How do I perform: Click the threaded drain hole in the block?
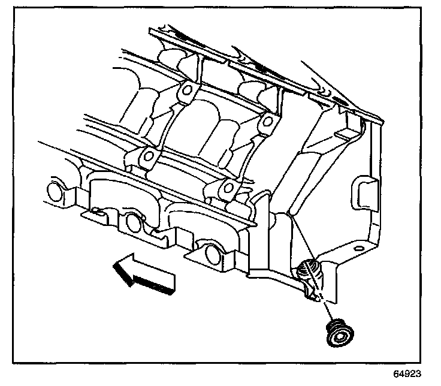pos(309,270)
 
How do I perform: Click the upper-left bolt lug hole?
pos(187,91)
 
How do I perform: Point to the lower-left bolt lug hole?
pos(147,158)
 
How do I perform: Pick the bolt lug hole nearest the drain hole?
pos(226,190)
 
